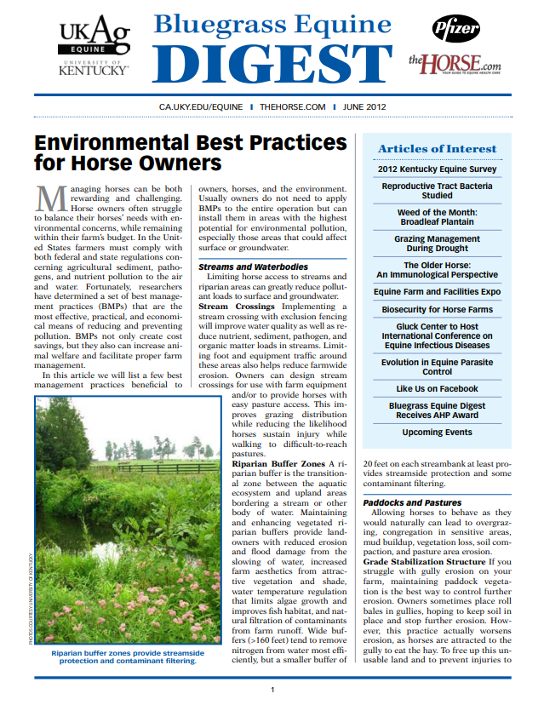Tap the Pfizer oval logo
pos(455,31)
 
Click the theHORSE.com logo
pos(454,64)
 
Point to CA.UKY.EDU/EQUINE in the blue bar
pos(201,106)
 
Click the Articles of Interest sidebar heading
pos(437,148)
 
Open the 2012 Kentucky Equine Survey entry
pos(437,169)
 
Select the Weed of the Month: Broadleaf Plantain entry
pos(437,217)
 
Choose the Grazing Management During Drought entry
pos(437,244)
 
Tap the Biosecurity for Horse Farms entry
pos(437,309)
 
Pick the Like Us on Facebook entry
pos(437,388)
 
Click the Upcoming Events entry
pos(437,433)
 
